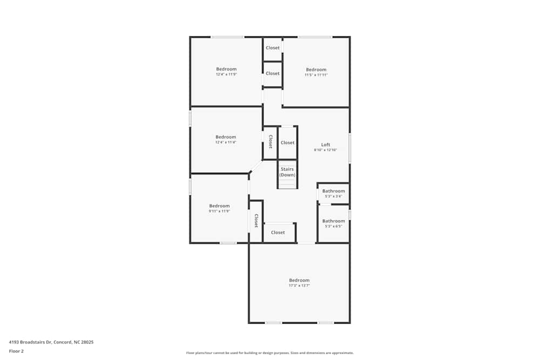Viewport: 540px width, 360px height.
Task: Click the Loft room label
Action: [326, 145]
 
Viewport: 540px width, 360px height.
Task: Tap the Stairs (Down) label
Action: [287, 172]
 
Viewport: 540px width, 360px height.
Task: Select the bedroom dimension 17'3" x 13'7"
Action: [299, 286]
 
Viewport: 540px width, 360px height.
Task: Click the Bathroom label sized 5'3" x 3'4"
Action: [333, 191]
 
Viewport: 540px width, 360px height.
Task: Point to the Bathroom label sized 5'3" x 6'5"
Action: [333, 221]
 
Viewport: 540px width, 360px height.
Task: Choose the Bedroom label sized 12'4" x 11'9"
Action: [226, 69]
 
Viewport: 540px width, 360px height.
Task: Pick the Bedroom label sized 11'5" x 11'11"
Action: [316, 70]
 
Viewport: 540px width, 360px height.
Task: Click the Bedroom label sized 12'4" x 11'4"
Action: [226, 137]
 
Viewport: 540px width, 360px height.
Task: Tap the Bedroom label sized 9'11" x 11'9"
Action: [219, 206]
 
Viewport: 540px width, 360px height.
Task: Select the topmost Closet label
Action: [273, 48]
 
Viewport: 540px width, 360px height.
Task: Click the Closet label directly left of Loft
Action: [287, 142]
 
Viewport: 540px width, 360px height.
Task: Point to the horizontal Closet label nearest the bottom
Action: [278, 233]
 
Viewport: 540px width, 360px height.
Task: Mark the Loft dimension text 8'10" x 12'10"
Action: [326, 150]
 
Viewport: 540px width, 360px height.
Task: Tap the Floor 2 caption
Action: [16, 351]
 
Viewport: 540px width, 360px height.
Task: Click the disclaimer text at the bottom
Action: [270, 353]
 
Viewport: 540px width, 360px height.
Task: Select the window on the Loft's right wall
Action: [349, 148]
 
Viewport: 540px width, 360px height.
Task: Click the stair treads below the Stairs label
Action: [287, 184]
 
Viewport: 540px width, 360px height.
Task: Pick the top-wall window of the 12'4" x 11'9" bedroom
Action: [227, 37]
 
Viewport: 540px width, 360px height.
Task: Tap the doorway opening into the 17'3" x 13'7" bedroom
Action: [306, 243]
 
